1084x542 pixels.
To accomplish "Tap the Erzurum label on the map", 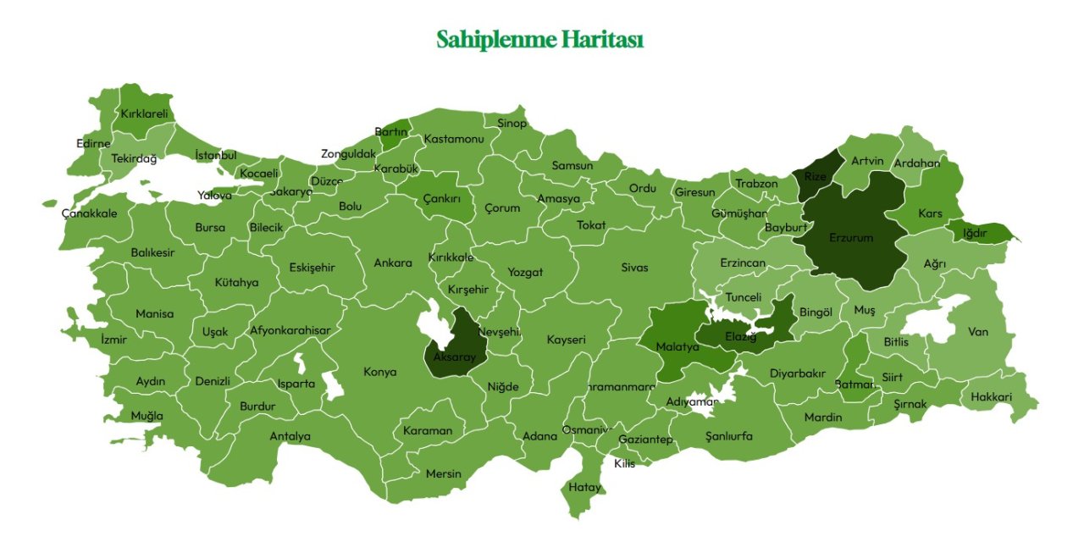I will point(850,238).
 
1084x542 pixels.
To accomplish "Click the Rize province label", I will point(815,177).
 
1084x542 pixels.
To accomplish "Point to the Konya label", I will point(379,372).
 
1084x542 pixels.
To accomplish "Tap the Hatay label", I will point(584,488).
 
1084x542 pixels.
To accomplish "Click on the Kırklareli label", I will point(144,113).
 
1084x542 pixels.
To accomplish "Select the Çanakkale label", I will point(90,213).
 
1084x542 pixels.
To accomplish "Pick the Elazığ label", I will point(740,337).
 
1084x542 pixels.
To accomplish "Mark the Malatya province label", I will point(677,347).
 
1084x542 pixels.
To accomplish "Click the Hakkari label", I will point(991,396).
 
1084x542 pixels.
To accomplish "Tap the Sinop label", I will point(512,124).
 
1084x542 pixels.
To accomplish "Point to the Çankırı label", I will point(442,199).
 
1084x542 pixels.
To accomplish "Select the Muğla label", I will point(147,416).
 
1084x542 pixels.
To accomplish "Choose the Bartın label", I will point(390,132).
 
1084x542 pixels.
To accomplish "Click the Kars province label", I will point(930,214).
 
